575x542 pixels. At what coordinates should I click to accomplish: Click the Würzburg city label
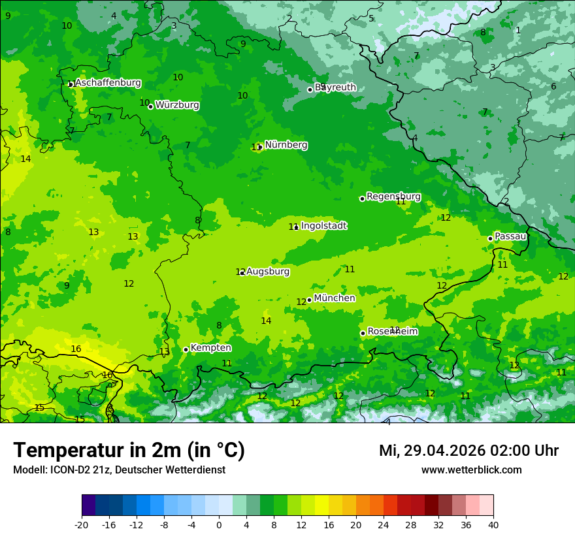177,105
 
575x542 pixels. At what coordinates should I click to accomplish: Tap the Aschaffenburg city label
108,83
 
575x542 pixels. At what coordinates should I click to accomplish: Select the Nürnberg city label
286,145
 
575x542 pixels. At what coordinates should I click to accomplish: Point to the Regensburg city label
393,197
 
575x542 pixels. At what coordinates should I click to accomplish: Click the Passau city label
510,236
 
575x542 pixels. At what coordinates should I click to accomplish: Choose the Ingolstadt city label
324,226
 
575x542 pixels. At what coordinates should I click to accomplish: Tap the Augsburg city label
268,272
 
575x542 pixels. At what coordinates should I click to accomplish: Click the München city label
335,298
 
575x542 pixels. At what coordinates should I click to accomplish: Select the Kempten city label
210,348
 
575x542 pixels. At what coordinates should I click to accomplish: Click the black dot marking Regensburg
362,199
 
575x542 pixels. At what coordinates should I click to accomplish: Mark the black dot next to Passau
490,238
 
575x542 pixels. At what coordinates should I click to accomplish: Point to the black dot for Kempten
186,349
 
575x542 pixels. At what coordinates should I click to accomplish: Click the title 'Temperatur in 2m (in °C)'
129,451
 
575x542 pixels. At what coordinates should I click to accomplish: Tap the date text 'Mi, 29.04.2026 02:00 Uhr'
468,451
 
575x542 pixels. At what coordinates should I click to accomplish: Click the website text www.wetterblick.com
471,470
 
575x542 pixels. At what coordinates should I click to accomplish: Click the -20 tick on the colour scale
82,524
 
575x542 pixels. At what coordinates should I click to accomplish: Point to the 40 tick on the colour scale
493,524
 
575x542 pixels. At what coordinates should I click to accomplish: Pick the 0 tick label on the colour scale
219,524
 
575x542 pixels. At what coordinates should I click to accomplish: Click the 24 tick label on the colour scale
384,524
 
